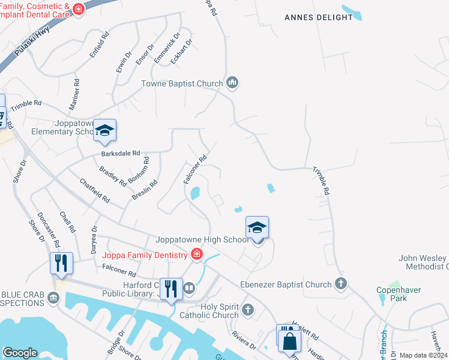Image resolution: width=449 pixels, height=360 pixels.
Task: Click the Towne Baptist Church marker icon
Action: (x=232, y=83)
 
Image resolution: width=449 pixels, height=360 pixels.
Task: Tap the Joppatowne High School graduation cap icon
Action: (x=257, y=228)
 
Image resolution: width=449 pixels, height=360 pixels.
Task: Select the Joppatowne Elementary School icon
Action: (x=104, y=131)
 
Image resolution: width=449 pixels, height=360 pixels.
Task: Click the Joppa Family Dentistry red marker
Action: (x=196, y=256)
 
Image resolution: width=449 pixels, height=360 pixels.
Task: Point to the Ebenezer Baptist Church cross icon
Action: (x=341, y=284)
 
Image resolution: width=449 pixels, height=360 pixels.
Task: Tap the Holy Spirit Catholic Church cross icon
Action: (x=249, y=310)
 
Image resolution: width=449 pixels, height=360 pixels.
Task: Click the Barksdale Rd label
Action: (x=120, y=154)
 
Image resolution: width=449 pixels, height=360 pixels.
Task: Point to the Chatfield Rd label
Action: (x=95, y=190)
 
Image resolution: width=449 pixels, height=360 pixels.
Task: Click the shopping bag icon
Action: (x=289, y=341)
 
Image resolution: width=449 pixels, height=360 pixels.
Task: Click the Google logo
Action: (x=20, y=352)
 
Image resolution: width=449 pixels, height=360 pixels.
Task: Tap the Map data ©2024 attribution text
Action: (x=423, y=355)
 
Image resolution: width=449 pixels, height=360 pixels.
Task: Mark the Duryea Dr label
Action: (x=94, y=240)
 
